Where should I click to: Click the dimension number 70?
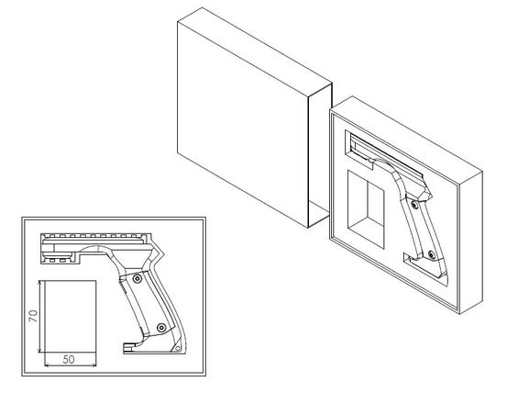click(x=33, y=316)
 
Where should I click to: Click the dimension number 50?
click(x=69, y=359)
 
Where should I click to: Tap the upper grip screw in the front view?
click(x=138, y=279)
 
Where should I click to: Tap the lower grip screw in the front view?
click(x=161, y=328)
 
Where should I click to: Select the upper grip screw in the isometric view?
click(x=414, y=205)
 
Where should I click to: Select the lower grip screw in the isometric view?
click(x=431, y=254)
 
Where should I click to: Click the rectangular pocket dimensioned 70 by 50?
click(x=71, y=316)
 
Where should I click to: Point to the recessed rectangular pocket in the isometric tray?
click(x=366, y=209)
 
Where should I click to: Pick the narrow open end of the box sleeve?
click(x=319, y=155)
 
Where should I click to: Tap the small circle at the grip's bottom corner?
click(x=177, y=348)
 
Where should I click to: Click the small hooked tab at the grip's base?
click(x=128, y=347)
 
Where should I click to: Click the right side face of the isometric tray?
click(x=471, y=242)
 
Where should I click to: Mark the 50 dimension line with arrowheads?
click(x=71, y=365)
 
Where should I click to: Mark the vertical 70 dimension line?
click(x=39, y=316)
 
